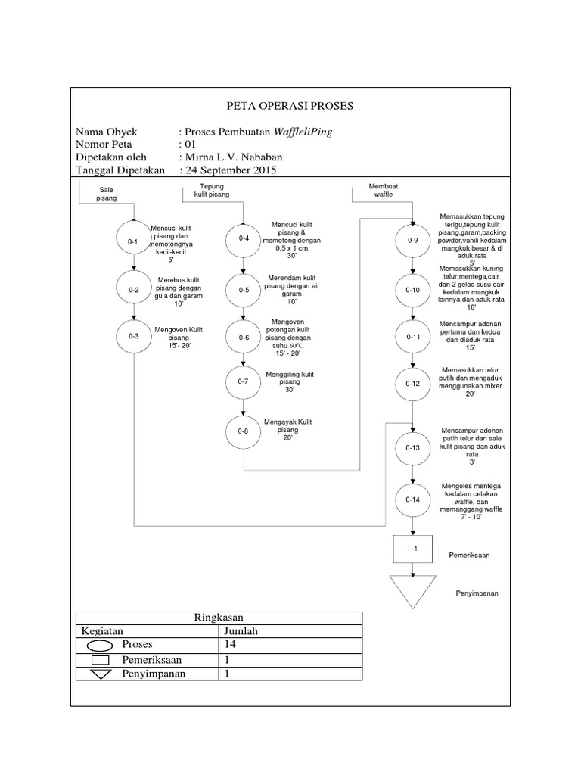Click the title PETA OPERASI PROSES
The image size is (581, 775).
pos(290,106)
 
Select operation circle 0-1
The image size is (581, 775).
pos(133,241)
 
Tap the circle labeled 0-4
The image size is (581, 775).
pos(243,239)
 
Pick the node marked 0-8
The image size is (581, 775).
pos(243,431)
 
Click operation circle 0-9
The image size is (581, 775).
pos(412,241)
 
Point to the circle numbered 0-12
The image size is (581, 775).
pos(412,384)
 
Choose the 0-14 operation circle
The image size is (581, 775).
pos(412,500)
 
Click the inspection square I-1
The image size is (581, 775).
pos(412,548)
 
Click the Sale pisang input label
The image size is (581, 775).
pos(107,195)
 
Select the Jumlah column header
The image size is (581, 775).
pos(240,630)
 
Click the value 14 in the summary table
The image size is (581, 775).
pos(230,645)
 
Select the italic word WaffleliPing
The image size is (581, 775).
pos(303,131)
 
